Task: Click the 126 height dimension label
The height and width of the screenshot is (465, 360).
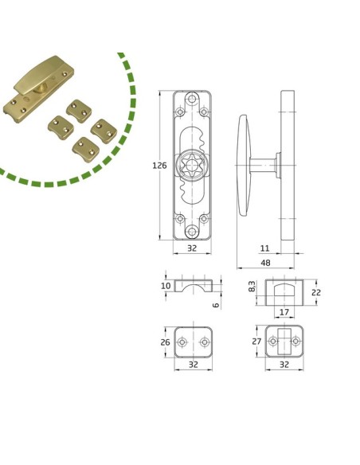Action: click(x=159, y=165)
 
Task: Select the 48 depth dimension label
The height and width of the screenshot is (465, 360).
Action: click(x=265, y=263)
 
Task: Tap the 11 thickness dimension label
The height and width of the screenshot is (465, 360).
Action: click(x=264, y=248)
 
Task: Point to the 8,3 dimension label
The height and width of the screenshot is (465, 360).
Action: click(x=252, y=287)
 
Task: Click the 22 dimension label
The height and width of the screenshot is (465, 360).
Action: click(x=316, y=292)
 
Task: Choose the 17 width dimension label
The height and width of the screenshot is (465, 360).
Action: click(x=284, y=312)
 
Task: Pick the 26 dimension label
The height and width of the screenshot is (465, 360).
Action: click(x=165, y=342)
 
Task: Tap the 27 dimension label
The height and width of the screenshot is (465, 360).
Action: click(x=256, y=342)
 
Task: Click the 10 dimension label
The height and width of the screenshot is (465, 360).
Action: click(x=166, y=286)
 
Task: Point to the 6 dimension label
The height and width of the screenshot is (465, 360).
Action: click(x=216, y=305)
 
